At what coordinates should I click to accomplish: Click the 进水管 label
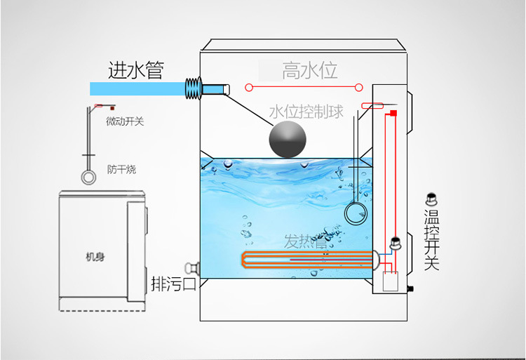click(136, 69)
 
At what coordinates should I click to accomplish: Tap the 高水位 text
click(310, 70)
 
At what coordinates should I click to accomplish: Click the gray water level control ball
click(288, 139)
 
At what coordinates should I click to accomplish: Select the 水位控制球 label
click(306, 112)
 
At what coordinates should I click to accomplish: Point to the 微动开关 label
click(125, 121)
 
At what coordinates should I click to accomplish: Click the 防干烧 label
click(121, 169)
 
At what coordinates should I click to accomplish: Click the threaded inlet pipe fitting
click(193, 89)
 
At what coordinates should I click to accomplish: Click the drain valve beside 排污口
click(191, 268)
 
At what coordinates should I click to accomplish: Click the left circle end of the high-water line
click(248, 88)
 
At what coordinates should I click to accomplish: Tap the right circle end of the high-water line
click(358, 88)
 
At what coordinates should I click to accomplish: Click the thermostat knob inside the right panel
click(396, 243)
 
